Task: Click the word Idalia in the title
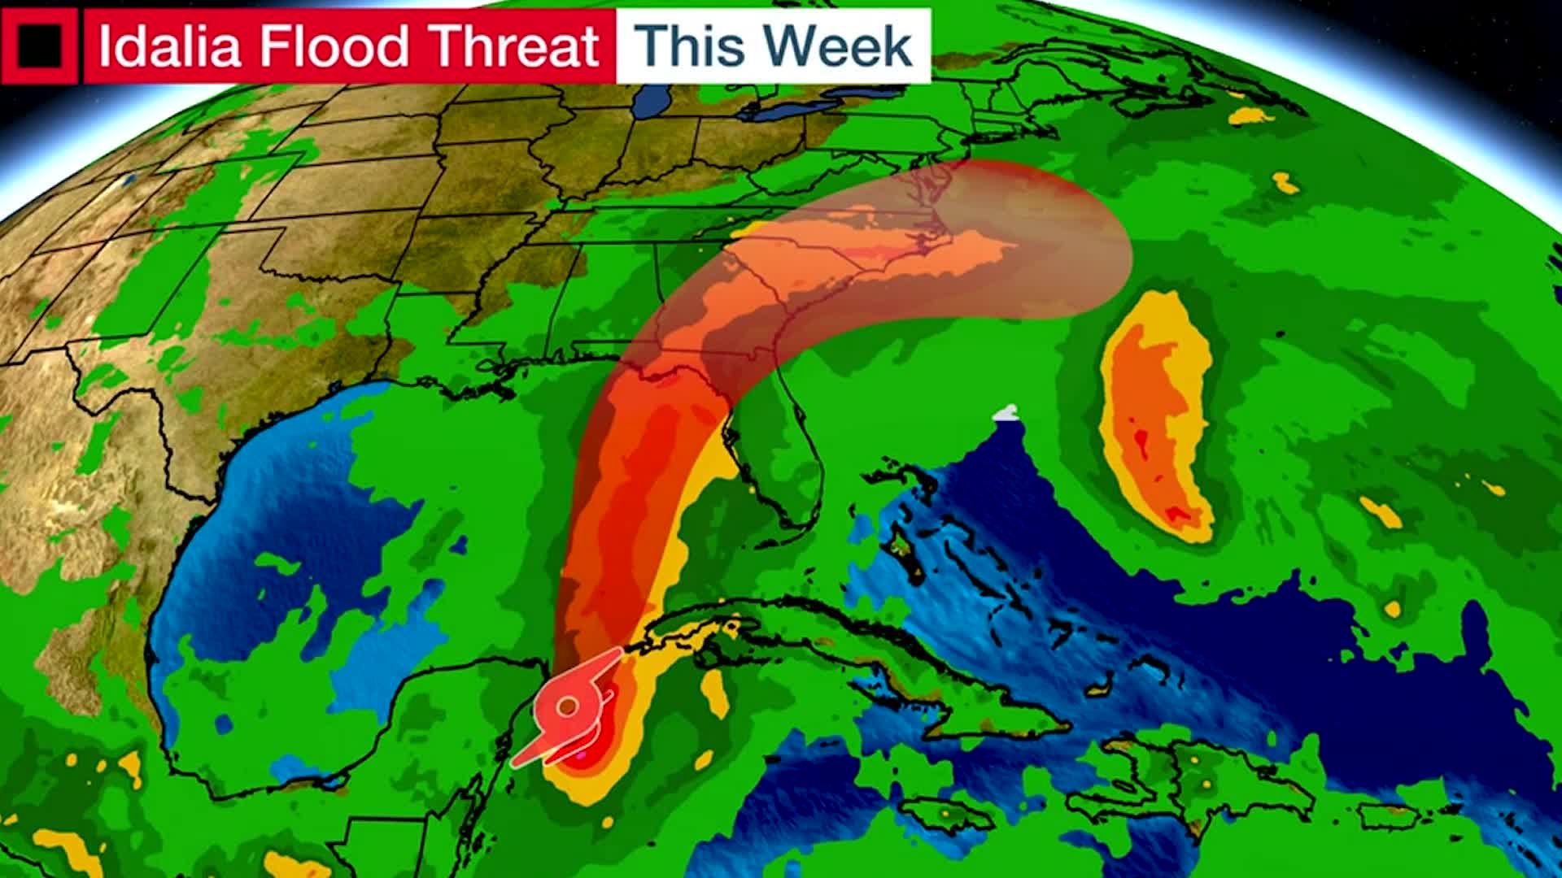[169, 46]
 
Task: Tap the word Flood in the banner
[334, 46]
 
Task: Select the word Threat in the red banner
[514, 46]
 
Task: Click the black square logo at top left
[40, 46]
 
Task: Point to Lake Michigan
[651, 102]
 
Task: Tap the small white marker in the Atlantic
[1006, 413]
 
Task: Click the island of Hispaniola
[1196, 780]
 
